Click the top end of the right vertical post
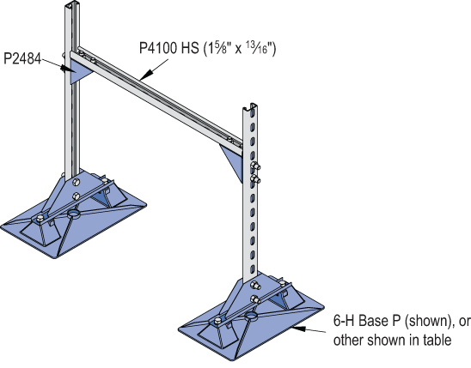pyautogui.click(x=248, y=107)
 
